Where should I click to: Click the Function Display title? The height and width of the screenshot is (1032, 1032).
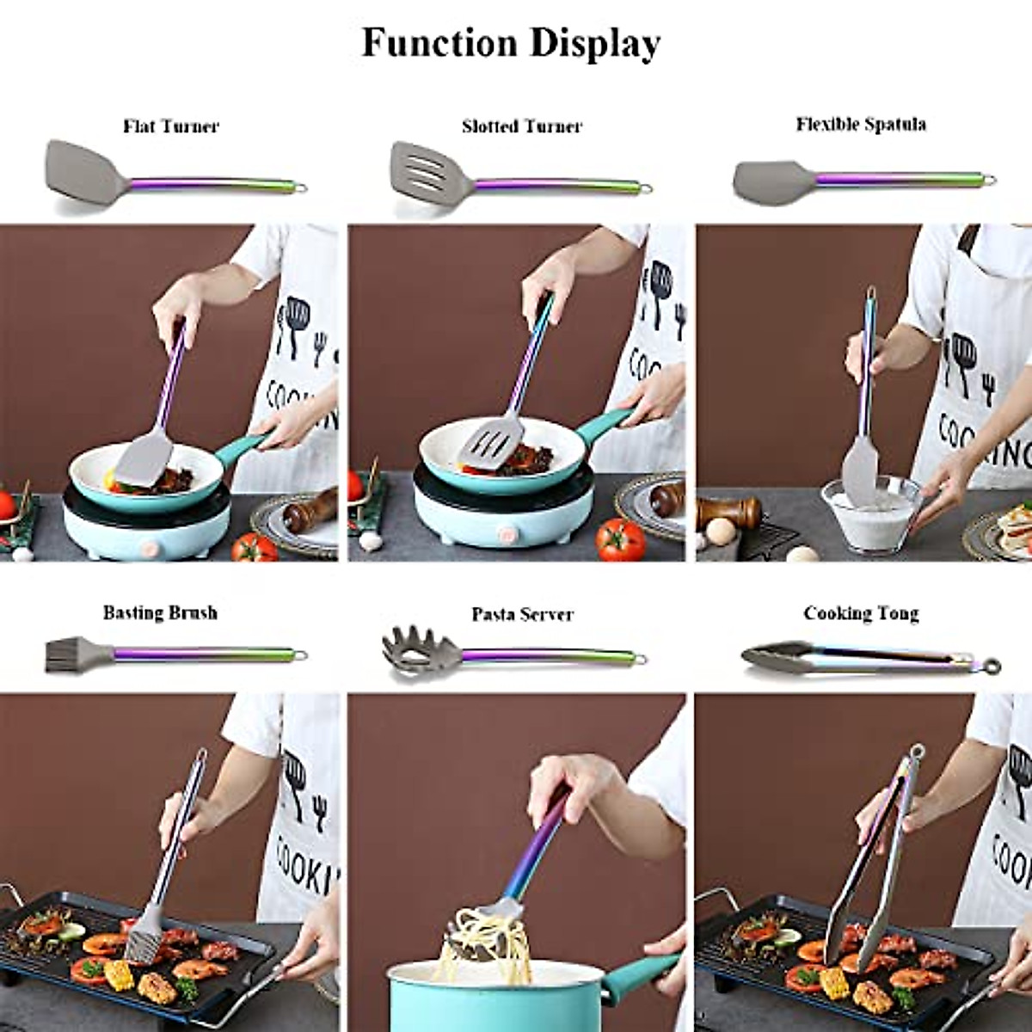(x=511, y=43)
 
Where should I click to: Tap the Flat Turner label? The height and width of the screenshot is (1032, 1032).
(x=170, y=126)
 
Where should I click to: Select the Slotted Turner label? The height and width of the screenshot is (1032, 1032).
(x=521, y=126)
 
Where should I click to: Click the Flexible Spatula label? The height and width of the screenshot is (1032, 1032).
(x=860, y=124)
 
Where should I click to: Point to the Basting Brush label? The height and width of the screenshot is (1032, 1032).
(x=160, y=612)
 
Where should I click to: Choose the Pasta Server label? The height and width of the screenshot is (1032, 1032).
(x=521, y=614)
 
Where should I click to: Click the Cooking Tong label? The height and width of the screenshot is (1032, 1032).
(x=861, y=613)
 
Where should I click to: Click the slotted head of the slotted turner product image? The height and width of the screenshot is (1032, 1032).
(x=427, y=167)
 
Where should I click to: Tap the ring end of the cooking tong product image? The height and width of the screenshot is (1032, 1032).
(x=992, y=665)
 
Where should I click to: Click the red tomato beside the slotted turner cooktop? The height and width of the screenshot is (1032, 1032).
(x=620, y=539)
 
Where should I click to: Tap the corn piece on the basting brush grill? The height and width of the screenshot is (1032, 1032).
(x=117, y=974)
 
